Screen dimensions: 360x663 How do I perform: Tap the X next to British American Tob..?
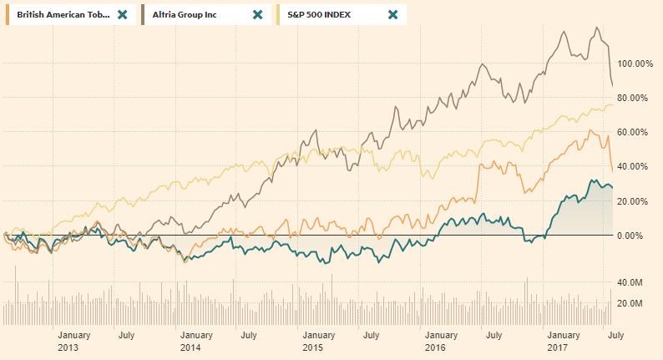tap(123, 14)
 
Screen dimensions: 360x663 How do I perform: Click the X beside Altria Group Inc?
tap(257, 14)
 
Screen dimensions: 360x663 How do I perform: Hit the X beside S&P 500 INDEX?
tap(393, 14)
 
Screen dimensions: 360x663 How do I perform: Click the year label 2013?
tap(68, 347)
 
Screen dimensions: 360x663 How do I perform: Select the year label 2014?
tap(190, 347)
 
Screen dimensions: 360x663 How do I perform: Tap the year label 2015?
tap(312, 347)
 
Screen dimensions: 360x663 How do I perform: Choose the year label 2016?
tap(434, 347)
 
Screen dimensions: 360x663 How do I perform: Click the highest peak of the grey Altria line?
tap(596, 28)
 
